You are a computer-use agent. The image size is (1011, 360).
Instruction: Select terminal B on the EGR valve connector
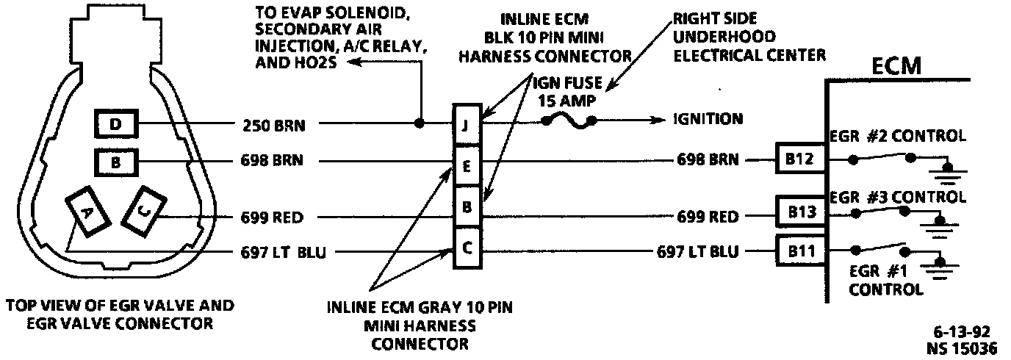click(115, 160)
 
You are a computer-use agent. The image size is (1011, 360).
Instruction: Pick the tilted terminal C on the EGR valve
click(145, 210)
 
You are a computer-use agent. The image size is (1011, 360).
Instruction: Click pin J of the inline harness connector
click(467, 124)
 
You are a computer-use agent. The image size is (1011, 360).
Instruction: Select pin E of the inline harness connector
click(467, 166)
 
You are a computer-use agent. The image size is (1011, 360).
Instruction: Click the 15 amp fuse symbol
click(568, 119)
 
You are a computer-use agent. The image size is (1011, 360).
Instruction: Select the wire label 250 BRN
click(273, 125)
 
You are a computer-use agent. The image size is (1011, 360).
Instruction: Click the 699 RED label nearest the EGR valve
click(273, 217)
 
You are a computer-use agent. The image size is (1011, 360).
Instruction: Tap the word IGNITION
click(708, 119)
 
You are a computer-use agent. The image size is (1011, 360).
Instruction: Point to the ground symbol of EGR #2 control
click(948, 171)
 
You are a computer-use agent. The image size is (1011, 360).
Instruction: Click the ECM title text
click(896, 65)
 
